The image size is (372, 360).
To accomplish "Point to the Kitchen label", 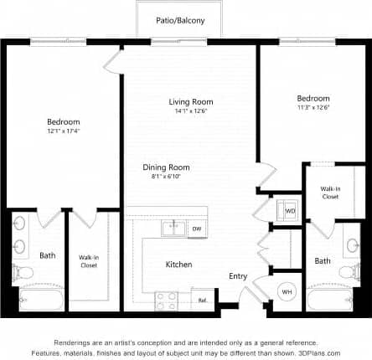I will point(178,265).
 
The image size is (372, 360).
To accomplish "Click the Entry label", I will point(238,276).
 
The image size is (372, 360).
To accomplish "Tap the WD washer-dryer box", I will point(290,210).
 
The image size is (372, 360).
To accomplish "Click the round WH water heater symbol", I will point(286,291).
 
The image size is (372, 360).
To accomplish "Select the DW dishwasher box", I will point(196,228).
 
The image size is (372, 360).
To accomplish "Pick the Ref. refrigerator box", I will point(202,301).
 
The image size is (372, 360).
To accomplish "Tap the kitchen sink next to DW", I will point(173,227).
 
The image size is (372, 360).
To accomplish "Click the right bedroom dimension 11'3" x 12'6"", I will point(313,106).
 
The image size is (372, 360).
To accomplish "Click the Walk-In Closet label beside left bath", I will point(88,261).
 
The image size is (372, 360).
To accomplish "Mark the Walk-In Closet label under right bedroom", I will point(329,193).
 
